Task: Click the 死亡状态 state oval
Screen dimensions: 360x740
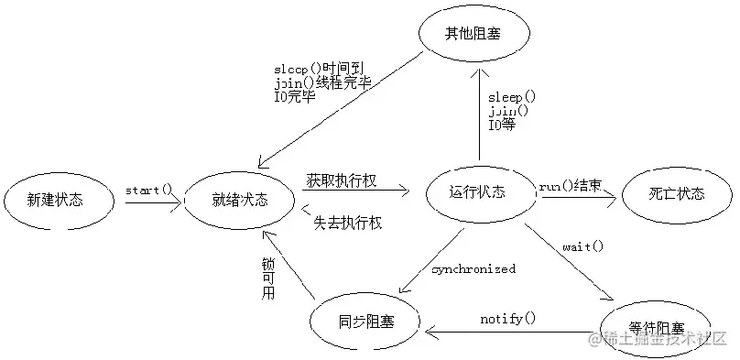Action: coord(676,194)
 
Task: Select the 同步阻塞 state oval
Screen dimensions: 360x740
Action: coord(365,322)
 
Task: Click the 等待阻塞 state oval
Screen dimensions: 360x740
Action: coord(656,327)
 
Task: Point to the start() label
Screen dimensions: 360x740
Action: coord(148,190)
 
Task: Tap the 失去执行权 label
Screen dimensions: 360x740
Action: coord(347,223)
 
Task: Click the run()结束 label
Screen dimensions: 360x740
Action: coord(570,186)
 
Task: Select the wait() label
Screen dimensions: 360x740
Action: coord(582,245)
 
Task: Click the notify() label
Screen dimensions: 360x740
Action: coord(507,318)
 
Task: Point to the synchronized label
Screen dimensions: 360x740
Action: coord(473,269)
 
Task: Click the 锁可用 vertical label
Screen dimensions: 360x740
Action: coord(267,278)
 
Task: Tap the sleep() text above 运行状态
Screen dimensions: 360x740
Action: coord(511,95)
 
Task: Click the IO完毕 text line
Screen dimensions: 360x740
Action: coord(295,96)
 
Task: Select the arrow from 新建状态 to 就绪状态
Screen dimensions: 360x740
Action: coord(153,203)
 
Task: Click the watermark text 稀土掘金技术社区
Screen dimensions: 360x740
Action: coord(668,339)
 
